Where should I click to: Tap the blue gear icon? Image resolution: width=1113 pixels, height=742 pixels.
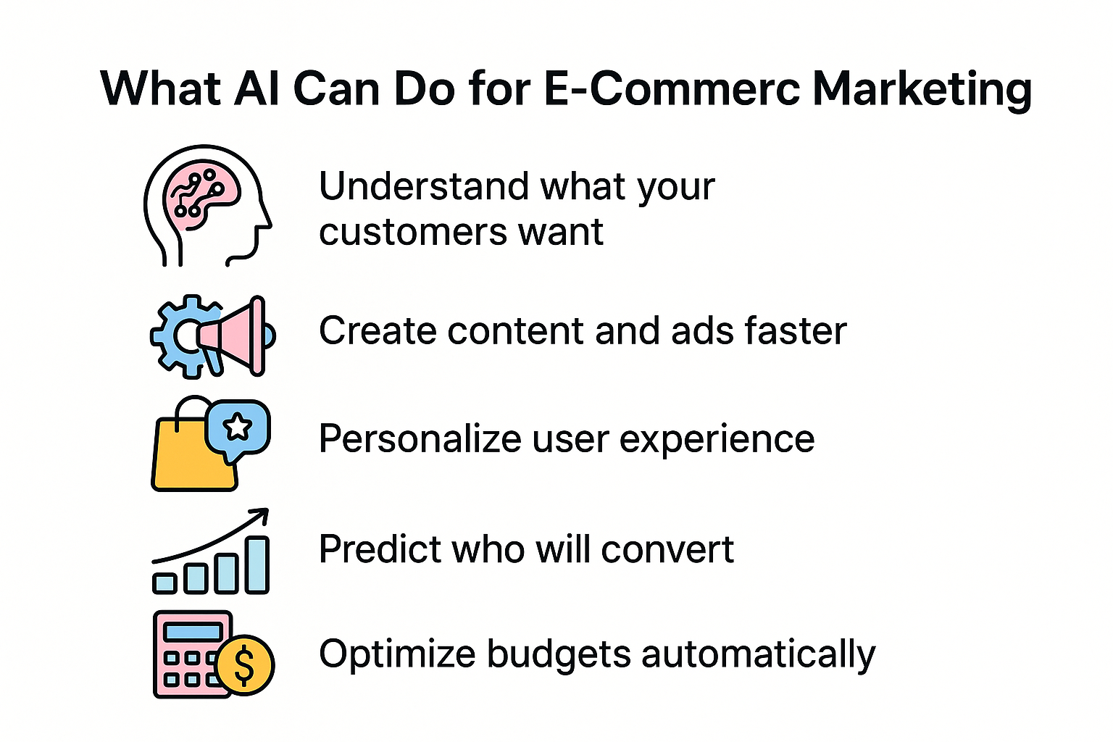coord(185,336)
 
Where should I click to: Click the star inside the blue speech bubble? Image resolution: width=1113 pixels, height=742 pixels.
coord(238,427)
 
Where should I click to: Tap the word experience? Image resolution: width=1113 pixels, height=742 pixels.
coord(717,441)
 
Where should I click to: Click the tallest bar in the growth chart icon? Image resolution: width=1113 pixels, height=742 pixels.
coord(257,565)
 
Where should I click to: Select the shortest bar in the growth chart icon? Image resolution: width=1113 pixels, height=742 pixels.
coord(164,583)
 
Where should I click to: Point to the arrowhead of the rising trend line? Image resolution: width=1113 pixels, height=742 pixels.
coord(262,514)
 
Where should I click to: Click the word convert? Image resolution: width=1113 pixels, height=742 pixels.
coord(667,550)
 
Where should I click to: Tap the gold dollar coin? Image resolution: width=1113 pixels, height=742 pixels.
coord(245,665)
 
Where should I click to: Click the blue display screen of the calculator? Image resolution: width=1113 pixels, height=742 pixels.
coord(193,632)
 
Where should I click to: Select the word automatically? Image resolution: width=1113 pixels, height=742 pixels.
coord(758,655)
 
